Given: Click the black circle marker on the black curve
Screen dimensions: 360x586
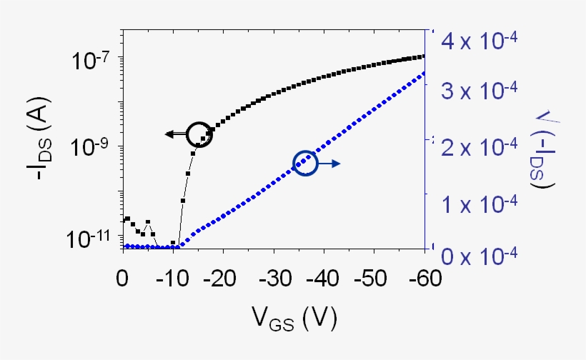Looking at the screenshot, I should [199, 134].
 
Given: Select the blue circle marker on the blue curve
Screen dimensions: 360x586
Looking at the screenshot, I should [305, 164].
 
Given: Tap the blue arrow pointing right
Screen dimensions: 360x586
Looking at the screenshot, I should [329, 164].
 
